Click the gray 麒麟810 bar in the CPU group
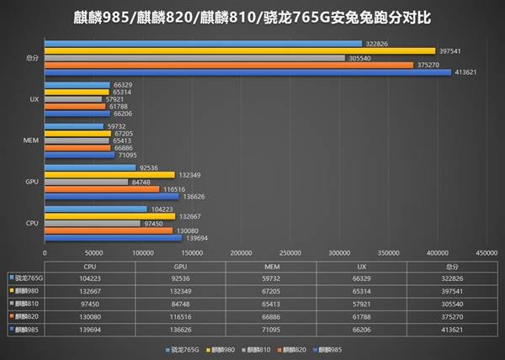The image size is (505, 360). (x=93, y=223)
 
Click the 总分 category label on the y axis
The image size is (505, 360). (x=31, y=58)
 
